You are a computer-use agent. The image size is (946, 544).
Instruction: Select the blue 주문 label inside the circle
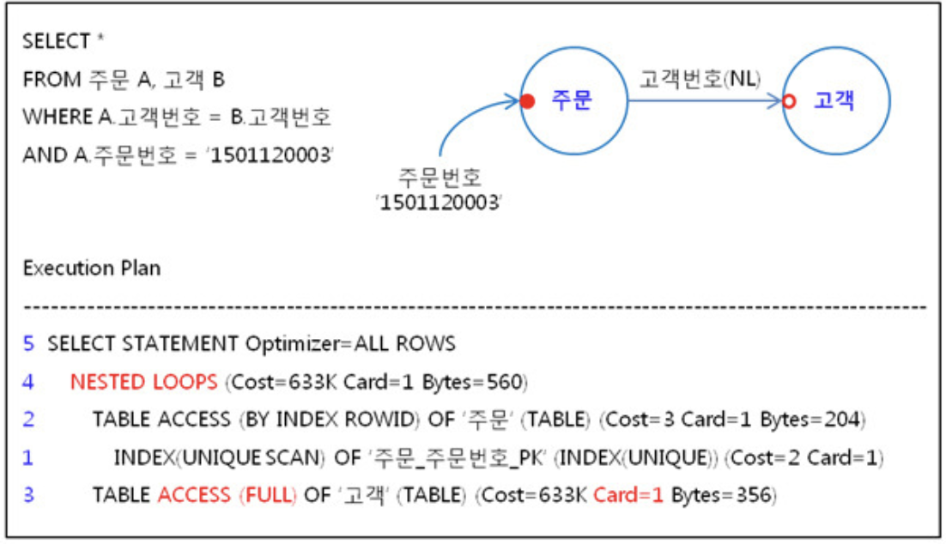pyautogui.click(x=572, y=101)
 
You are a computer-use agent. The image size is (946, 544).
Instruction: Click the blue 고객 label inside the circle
pyautogui.click(x=834, y=101)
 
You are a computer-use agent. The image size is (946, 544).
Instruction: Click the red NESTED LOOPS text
pyautogui.click(x=143, y=382)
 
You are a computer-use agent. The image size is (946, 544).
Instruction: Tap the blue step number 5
pyautogui.click(x=29, y=344)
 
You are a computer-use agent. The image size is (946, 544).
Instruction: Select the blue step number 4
pyautogui.click(x=29, y=382)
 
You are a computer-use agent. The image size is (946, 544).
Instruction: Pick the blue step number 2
pyautogui.click(x=29, y=420)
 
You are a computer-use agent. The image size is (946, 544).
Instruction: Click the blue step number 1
pyautogui.click(x=29, y=457)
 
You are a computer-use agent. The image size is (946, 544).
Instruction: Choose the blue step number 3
pyautogui.click(x=29, y=495)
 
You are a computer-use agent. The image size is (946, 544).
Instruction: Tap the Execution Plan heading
pyautogui.click(x=91, y=268)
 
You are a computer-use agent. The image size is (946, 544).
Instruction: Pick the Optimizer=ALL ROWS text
pyautogui.click(x=350, y=344)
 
